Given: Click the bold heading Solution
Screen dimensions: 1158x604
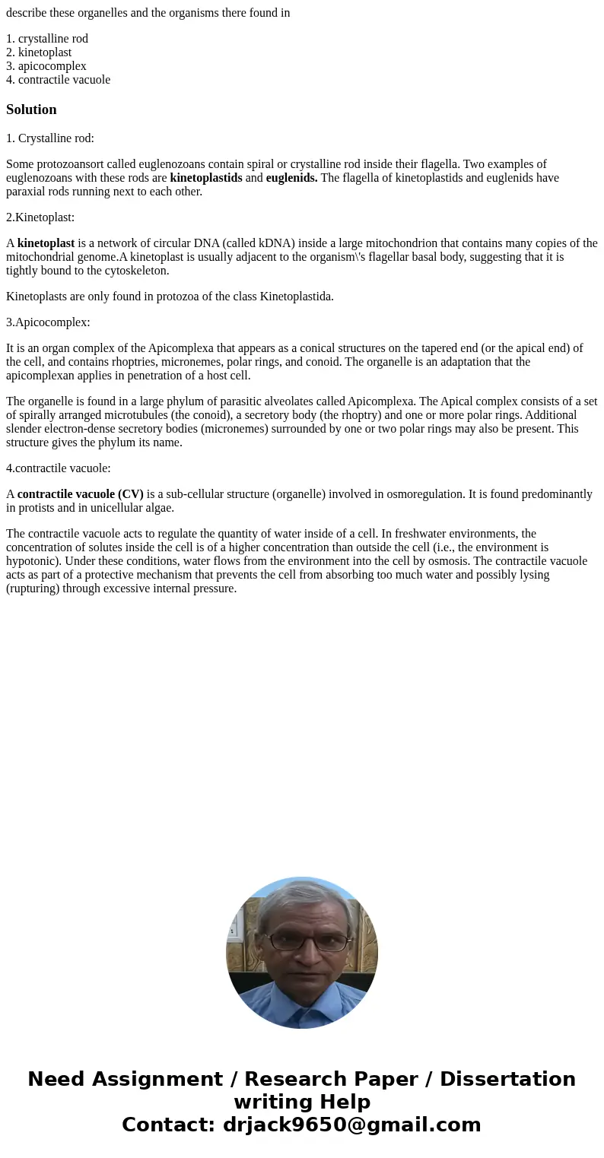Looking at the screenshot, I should pos(31,109).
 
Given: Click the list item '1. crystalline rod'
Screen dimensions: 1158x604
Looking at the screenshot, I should pos(53,39).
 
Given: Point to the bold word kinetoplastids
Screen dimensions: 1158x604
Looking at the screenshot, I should pos(206,178).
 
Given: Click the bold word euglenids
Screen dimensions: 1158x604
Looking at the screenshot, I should pos(291,178).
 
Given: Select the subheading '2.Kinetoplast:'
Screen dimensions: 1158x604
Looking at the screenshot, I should pos(40,217).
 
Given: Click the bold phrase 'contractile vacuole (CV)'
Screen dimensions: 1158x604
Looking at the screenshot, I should pos(81,494).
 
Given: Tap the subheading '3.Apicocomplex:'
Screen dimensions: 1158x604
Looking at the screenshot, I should pos(48,322).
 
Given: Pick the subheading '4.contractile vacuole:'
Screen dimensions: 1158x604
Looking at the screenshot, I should pos(59,468).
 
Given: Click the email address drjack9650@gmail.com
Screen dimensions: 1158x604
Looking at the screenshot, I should pos(351,1125).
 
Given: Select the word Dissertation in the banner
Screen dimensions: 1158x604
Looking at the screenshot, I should pos(507,1080).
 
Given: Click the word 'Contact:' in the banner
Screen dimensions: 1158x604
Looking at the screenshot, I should pos(169,1125).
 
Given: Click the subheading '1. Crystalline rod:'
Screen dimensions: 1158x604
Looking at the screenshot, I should pos(50,138).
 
